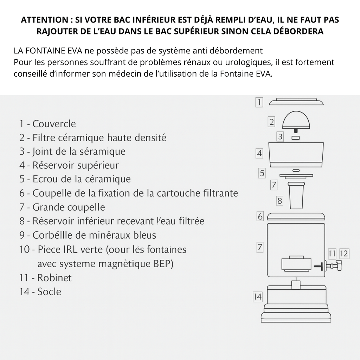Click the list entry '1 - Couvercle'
coord(47,124)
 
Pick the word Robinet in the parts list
coord(54,278)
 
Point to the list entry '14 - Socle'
coord(40,291)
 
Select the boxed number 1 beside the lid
coord(259,102)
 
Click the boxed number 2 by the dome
coord(271,122)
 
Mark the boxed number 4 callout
coord(259,153)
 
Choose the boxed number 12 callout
coord(344,253)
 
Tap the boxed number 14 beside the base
coord(258,297)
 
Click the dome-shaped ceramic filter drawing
coord(296,121)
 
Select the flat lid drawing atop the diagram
coord(296,102)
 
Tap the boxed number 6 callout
coord(260,217)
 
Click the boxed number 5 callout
coord(262,173)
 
